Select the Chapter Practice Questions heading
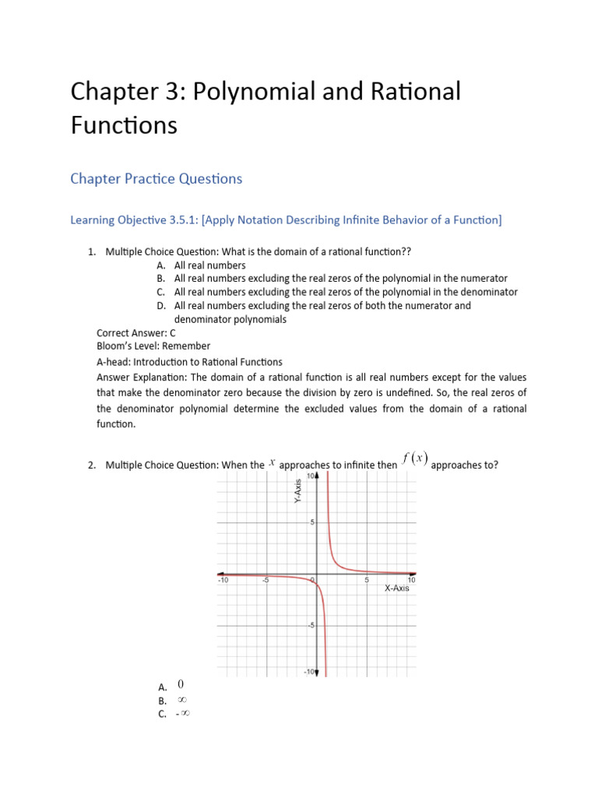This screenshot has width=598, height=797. (156, 179)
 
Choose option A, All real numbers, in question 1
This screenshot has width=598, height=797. (209, 265)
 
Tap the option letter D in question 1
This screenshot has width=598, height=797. (160, 306)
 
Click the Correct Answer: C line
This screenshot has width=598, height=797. (136, 332)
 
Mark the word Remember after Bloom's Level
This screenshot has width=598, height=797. (186, 346)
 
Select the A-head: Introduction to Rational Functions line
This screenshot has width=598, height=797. (189, 362)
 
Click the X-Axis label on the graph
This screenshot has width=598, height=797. (396, 588)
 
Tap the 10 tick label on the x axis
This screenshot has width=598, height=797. (412, 580)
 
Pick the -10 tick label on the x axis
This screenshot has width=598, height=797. (221, 580)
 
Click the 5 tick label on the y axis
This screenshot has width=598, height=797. (311, 522)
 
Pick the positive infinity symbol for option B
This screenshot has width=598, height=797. (182, 700)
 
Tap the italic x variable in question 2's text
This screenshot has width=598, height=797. (272, 462)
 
